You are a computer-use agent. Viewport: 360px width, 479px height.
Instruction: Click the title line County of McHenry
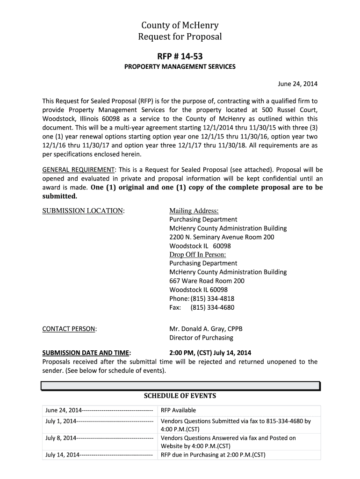pyautogui.click(x=180, y=25)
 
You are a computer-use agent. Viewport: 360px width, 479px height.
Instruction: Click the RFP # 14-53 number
pyautogui.click(x=180, y=56)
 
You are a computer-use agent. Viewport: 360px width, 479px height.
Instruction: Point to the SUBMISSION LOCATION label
pyautogui.click(x=83, y=211)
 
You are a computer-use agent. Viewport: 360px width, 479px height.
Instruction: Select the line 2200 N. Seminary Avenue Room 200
pyautogui.click(x=222, y=237)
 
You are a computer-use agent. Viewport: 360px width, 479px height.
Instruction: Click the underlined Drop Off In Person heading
pyautogui.click(x=197, y=254)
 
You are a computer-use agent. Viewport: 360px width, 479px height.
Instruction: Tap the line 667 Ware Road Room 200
pyautogui.click(x=207, y=281)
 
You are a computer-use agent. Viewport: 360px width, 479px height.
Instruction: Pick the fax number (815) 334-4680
pyautogui.click(x=212, y=307)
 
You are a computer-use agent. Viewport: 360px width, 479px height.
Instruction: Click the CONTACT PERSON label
pyautogui.click(x=69, y=329)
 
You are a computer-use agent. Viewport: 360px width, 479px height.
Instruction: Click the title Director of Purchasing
pyautogui.click(x=201, y=338)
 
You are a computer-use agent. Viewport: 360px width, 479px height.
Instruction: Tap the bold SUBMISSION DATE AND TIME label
pyautogui.click(x=86, y=353)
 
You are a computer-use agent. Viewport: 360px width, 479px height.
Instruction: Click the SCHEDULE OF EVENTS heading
pyautogui.click(x=180, y=396)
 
